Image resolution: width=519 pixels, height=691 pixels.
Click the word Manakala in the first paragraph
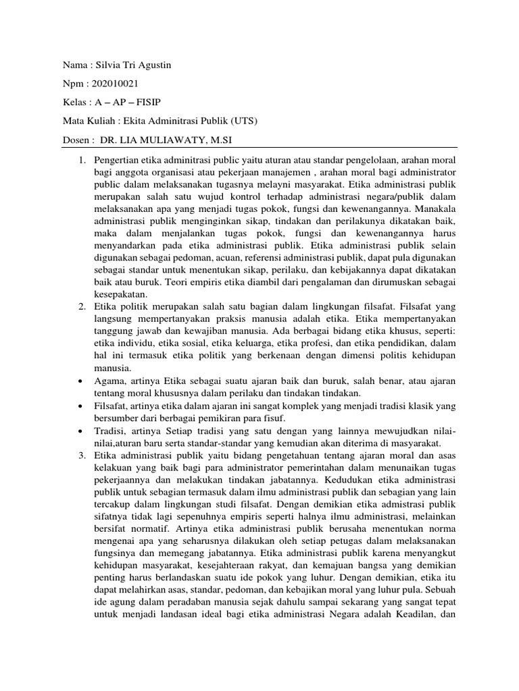point(433,209)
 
